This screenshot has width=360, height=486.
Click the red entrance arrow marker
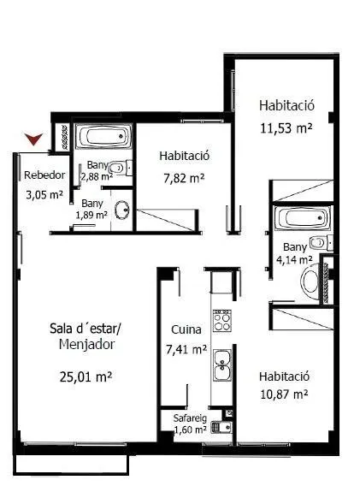pos(33,139)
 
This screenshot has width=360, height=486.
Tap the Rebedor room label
pos(44,175)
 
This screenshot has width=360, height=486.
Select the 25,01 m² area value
pos(86,376)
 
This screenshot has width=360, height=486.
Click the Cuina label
pos(186,329)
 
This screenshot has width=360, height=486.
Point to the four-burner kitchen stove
pos(221,321)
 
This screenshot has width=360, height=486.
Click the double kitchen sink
pos(222,365)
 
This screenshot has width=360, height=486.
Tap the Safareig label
pos(190,418)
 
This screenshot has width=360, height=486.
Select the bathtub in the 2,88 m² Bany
pos(103,137)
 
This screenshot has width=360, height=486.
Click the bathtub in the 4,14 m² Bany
pos(302,218)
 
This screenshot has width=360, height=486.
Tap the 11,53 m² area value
pos(286,128)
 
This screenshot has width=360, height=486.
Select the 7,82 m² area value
pos(184,178)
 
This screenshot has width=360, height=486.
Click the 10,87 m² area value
pos(284,394)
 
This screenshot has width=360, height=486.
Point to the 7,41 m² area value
pos(186,350)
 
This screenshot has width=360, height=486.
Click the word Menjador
pos(86,345)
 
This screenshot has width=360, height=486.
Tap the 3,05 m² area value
pos(44,195)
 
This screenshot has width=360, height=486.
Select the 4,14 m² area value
pos(294,260)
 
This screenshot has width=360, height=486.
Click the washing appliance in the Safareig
pos(221,428)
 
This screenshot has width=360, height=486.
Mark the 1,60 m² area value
pos(190,430)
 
